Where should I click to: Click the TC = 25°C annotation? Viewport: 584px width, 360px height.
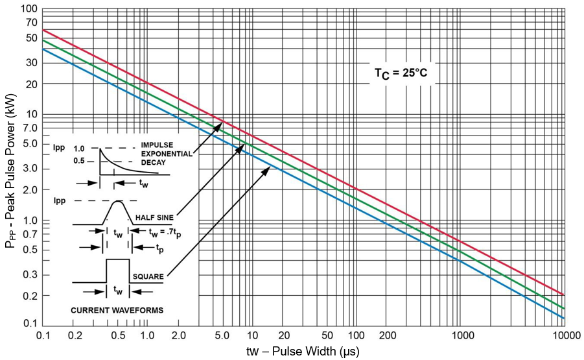401,73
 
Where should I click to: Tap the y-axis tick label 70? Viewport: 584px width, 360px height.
31,21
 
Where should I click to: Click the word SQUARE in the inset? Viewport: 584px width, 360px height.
148,276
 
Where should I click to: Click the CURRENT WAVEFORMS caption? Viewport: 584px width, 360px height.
117,310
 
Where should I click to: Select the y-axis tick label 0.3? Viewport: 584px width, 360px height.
29,274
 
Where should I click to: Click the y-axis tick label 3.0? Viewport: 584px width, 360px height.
29,169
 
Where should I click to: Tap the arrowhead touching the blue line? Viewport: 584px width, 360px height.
266,168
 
